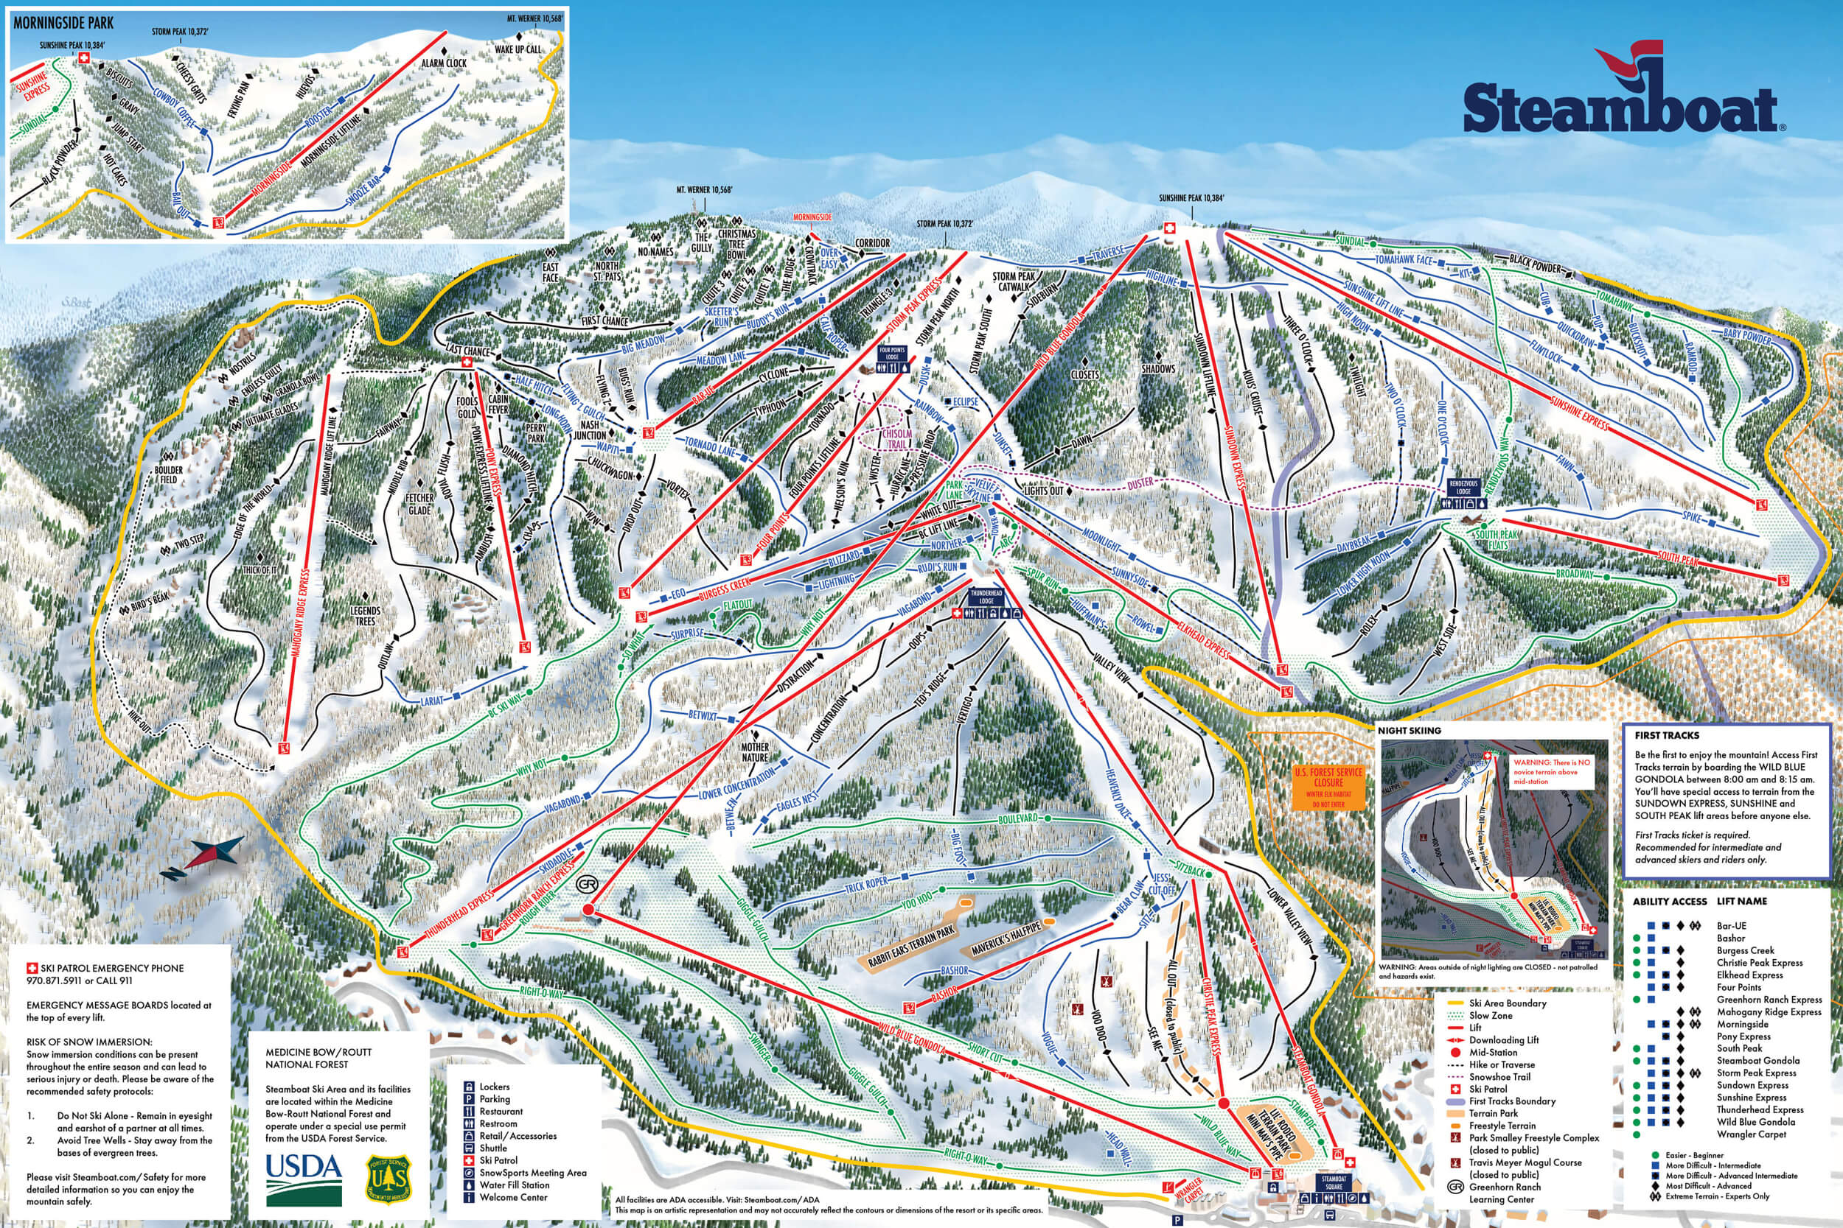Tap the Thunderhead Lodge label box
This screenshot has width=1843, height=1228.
click(x=986, y=597)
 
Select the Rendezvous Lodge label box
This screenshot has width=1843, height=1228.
click(x=1462, y=487)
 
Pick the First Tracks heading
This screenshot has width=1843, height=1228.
click(x=1667, y=735)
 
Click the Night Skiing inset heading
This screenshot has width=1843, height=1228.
click(x=1409, y=731)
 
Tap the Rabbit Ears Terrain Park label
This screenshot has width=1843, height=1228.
click(x=911, y=946)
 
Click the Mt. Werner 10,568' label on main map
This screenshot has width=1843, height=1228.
click(x=704, y=189)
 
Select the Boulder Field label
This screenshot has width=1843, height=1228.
click(x=169, y=474)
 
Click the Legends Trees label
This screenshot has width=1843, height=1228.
click(x=365, y=616)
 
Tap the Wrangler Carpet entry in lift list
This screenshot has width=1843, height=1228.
click(x=1752, y=1134)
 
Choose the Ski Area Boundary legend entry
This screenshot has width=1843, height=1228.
click(x=1507, y=1003)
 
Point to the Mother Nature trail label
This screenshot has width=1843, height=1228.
click(x=755, y=752)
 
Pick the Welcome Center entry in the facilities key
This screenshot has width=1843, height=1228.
click(x=513, y=1196)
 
